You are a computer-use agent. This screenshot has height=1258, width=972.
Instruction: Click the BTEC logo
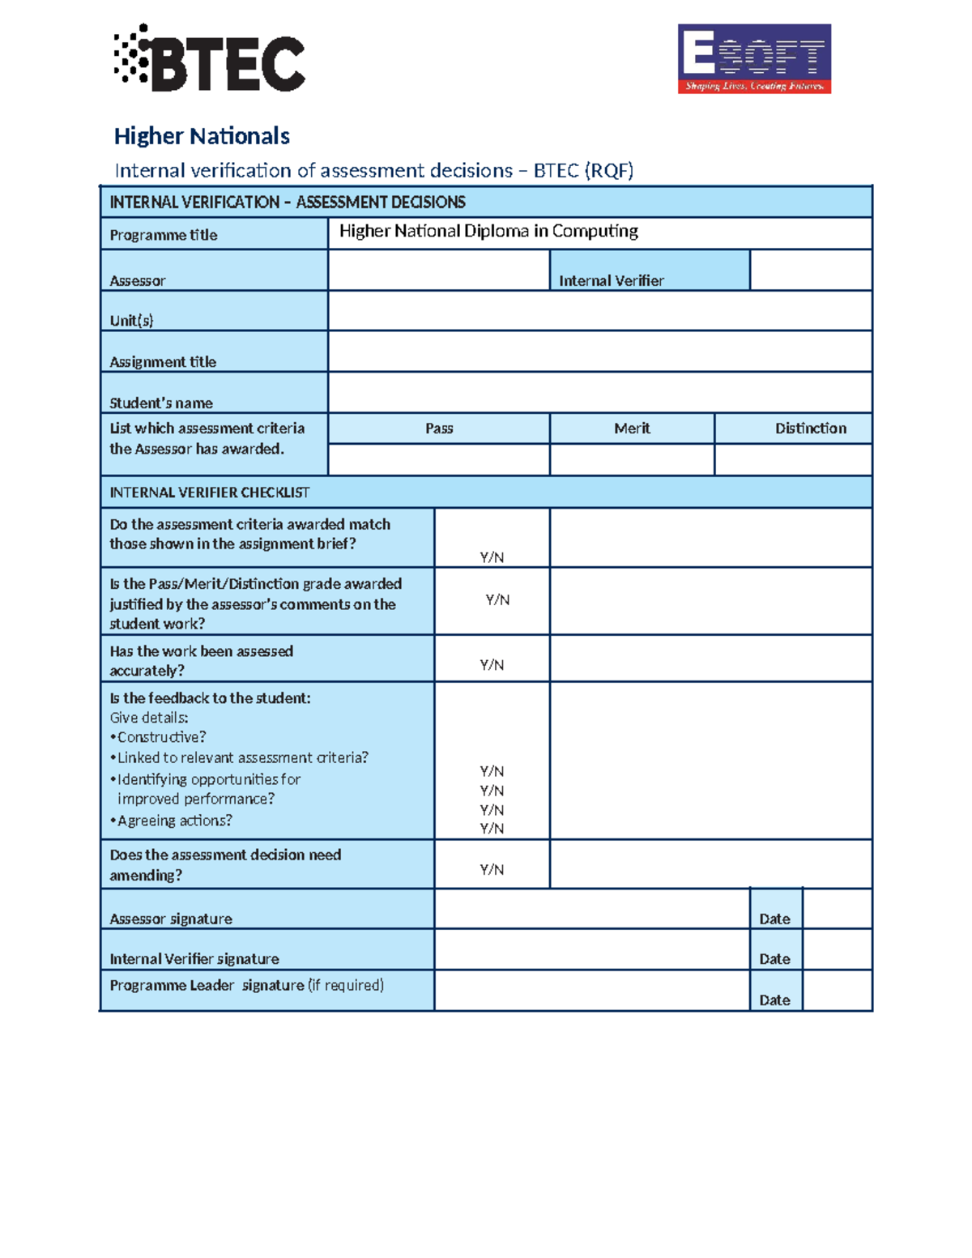pyautogui.click(x=209, y=58)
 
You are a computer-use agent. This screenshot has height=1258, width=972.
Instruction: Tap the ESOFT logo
pyautogui.click(x=754, y=58)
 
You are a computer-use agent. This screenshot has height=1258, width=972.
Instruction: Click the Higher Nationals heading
pyautogui.click(x=202, y=136)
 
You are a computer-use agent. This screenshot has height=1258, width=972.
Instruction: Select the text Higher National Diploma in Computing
pyautogui.click(x=488, y=232)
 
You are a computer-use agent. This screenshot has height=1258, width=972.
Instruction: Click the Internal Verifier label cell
pyautogui.click(x=612, y=280)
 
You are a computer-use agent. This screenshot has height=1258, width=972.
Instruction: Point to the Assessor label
pyautogui.click(x=138, y=280)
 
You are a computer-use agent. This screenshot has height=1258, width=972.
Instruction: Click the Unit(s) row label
pyautogui.click(x=132, y=320)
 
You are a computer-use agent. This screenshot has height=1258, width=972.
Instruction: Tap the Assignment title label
pyautogui.click(x=163, y=361)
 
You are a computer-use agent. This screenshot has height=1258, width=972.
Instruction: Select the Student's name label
pyautogui.click(x=161, y=403)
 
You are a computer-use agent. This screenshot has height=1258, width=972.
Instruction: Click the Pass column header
pyautogui.click(x=439, y=429)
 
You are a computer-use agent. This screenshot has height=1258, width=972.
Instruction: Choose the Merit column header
pyautogui.click(x=632, y=429)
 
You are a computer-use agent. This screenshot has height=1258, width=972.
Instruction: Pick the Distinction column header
pyautogui.click(x=810, y=429)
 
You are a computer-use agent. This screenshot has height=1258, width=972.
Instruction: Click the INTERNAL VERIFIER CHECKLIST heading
pyautogui.click(x=210, y=493)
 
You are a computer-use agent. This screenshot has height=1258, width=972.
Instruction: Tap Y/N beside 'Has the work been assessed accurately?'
pyautogui.click(x=492, y=665)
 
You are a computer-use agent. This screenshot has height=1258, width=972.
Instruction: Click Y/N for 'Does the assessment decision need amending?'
pyautogui.click(x=492, y=870)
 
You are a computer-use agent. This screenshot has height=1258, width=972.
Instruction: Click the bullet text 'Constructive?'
pyautogui.click(x=161, y=737)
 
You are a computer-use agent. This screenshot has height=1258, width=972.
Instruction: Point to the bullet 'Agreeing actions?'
pyautogui.click(x=174, y=821)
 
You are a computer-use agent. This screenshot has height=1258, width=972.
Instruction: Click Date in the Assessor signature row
pyautogui.click(x=774, y=919)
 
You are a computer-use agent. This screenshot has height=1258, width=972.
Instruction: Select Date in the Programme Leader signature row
pyautogui.click(x=774, y=1000)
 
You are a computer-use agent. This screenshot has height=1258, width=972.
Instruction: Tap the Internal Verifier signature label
pyautogui.click(x=194, y=959)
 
